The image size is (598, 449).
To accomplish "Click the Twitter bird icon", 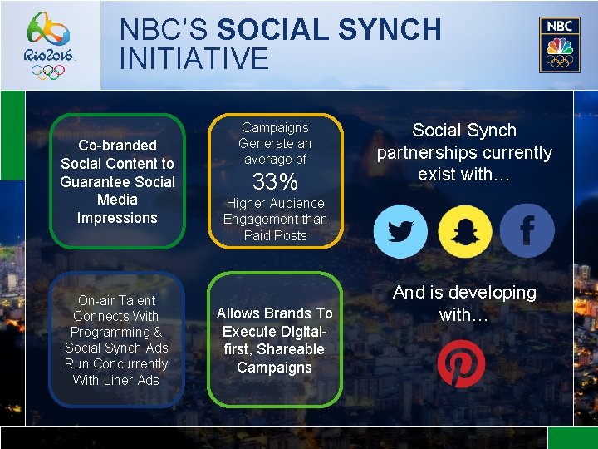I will pyautogui.click(x=400, y=230).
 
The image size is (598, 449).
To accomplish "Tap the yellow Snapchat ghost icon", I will pyautogui.click(x=464, y=230).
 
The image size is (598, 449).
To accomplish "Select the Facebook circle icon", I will pyautogui.click(x=527, y=230).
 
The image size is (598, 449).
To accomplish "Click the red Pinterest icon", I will pyautogui.click(x=461, y=363).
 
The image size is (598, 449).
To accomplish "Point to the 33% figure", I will pyautogui.click(x=275, y=182).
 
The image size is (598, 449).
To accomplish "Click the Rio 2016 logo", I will pyautogui.click(x=51, y=45).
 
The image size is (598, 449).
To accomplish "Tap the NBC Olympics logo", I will pyautogui.click(x=559, y=45).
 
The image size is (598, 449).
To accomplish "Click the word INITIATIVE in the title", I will pyautogui.click(x=194, y=59).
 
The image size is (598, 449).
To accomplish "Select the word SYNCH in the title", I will pyautogui.click(x=390, y=30).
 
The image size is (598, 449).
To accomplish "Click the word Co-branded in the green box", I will pyautogui.click(x=117, y=146).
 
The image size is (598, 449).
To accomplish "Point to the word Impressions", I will pyautogui.click(x=117, y=218).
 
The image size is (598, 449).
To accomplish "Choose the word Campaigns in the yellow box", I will pyautogui.click(x=275, y=127).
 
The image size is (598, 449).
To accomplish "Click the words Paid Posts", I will pyautogui.click(x=275, y=235).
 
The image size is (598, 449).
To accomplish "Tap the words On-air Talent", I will pyautogui.click(x=116, y=300).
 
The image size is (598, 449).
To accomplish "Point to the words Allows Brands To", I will pyautogui.click(x=274, y=313).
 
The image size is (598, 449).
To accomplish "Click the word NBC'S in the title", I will pyautogui.click(x=164, y=30).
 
